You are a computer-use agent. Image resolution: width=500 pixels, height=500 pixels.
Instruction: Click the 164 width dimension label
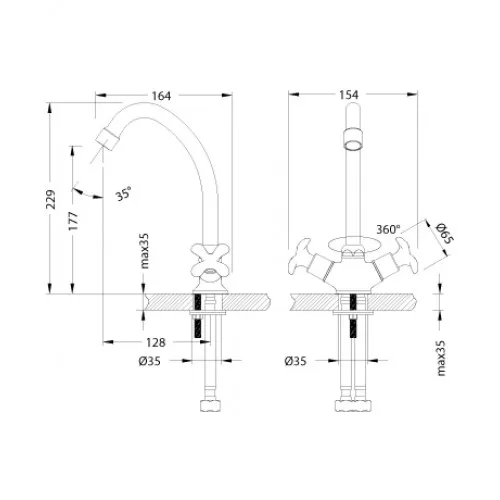coord(161,96)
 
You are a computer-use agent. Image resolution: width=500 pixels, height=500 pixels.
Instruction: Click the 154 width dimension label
coord(349,95)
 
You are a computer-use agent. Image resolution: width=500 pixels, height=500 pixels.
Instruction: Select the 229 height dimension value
coord(51,199)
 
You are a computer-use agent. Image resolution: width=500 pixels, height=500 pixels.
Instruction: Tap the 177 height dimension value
coord(73,221)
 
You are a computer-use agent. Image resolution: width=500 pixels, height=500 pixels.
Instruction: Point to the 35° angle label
coord(123,193)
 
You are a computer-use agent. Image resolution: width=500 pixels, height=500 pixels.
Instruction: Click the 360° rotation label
coord(388,229)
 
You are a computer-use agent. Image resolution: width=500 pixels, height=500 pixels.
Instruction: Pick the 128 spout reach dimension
coord(156,342)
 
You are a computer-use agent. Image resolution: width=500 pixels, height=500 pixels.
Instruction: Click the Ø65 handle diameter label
coord(445,233)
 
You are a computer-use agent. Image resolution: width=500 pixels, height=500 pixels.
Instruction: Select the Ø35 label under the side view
coord(150,361)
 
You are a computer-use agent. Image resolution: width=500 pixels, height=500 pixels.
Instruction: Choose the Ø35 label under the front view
coord(295,361)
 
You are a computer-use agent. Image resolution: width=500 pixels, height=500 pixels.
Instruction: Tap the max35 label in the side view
coord(144,251)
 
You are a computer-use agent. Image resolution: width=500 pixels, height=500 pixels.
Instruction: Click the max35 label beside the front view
coord(441,358)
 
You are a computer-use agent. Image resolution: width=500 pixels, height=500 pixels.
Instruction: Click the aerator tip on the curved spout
coord(107,140)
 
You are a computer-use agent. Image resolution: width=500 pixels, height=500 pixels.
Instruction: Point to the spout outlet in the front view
coord(353,140)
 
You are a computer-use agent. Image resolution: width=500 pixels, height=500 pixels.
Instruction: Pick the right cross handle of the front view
coord(404,256)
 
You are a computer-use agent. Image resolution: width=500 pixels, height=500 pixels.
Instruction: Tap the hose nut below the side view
coord(211,405)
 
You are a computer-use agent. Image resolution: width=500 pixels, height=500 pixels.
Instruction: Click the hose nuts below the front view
coord(353,405)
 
